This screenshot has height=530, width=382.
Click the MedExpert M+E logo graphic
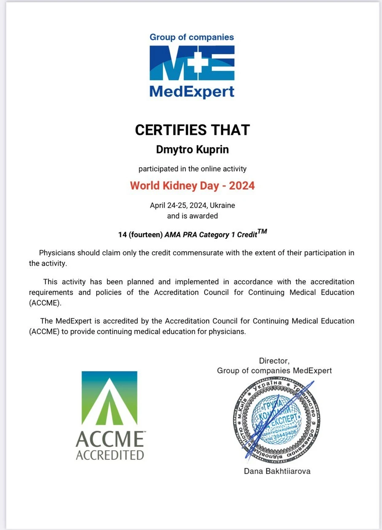pos(192,63)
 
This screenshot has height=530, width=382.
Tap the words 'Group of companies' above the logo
pos(192,37)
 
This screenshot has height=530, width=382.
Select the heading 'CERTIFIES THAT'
pos(192,130)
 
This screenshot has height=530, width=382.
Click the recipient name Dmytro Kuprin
pos(192,150)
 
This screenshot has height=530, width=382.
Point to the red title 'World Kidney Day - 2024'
pos(192,185)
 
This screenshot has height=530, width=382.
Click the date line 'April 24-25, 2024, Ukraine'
pos(192,206)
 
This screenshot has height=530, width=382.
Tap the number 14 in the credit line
pos(122,235)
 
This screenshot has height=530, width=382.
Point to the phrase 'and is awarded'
pos(192,216)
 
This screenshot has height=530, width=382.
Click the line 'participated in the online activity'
pos(192,169)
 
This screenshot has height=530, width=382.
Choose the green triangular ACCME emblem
pos(110,398)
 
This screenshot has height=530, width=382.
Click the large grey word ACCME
pos(110,440)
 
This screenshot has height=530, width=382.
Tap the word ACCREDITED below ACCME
pos(110,455)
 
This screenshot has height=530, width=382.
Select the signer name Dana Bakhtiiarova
pos(277,471)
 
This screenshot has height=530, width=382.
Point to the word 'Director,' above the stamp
pos(274,361)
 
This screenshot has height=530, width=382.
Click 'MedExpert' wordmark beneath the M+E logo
pos(192,91)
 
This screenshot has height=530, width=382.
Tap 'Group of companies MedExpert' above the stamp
pos(274,370)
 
